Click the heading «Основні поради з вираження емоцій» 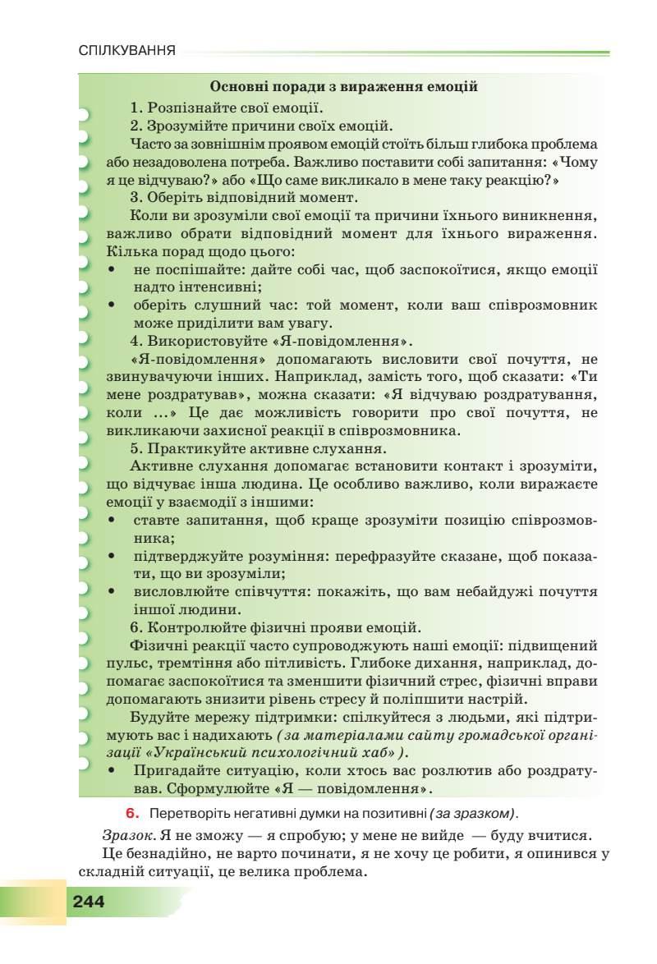[x=344, y=86]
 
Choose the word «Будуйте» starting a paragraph [x=159, y=716]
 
